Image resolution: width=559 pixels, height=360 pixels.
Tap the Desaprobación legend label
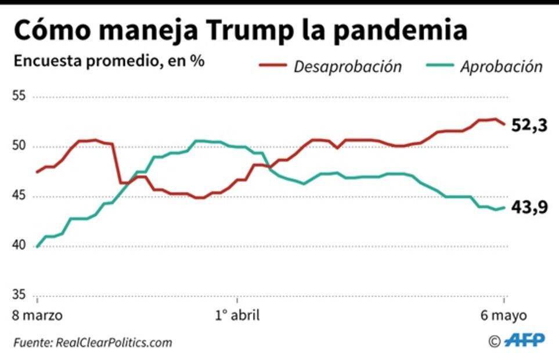click(x=347, y=66)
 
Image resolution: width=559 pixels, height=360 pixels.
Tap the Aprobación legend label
click(x=501, y=66)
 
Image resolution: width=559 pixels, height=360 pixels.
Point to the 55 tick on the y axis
click(x=20, y=96)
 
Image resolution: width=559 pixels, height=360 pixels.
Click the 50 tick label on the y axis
click(x=20, y=146)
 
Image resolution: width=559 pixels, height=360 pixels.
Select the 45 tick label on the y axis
click(x=20, y=196)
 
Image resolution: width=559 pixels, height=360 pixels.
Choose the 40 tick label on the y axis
click(x=20, y=246)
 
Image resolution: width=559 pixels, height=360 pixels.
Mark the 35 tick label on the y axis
click(x=20, y=296)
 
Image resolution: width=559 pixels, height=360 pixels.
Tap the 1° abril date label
click(x=237, y=316)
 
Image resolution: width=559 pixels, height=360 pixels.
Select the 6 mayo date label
click(x=503, y=316)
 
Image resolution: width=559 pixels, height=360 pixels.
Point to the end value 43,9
click(x=529, y=207)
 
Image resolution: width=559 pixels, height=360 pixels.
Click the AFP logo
click(x=524, y=340)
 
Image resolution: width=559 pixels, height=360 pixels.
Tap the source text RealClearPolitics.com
click(x=114, y=343)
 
